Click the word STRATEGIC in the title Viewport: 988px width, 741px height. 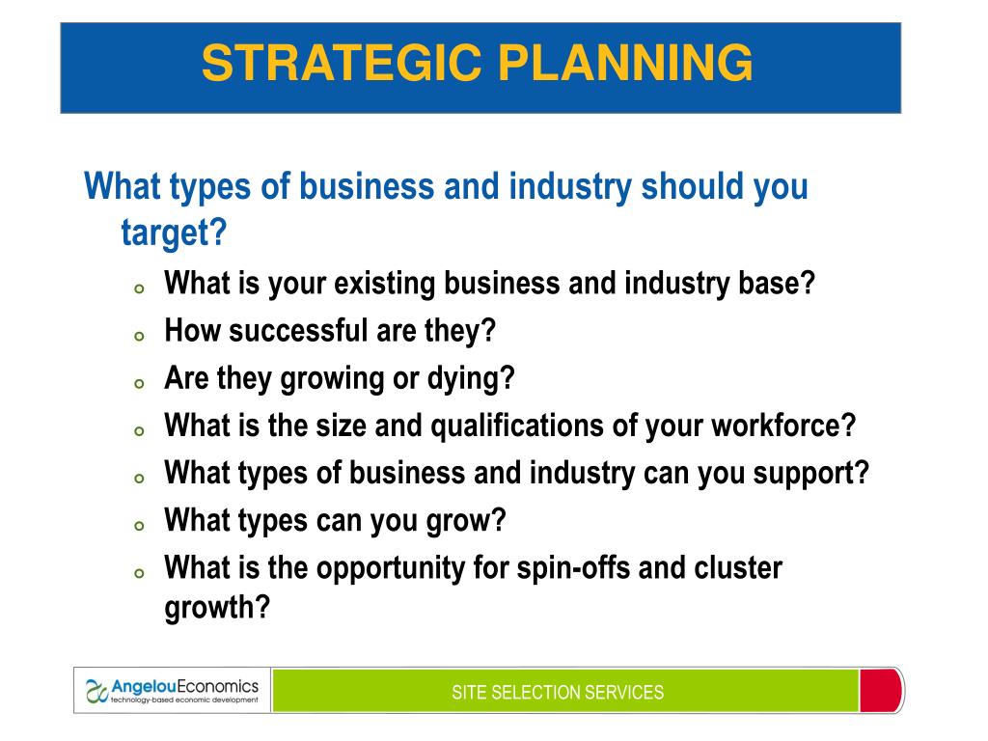pyautogui.click(x=342, y=63)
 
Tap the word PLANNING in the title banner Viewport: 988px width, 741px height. pyautogui.click(x=625, y=63)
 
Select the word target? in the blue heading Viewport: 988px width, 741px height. pyautogui.click(x=174, y=233)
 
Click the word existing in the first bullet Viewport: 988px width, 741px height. pyautogui.click(x=384, y=284)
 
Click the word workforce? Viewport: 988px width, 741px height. pyautogui.click(x=783, y=425)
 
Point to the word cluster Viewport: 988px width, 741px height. pyautogui.click(x=738, y=567)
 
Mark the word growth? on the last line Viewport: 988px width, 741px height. pyautogui.click(x=217, y=608)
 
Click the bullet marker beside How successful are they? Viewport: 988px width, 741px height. pyautogui.click(x=139, y=336)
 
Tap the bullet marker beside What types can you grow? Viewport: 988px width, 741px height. pyautogui.click(x=139, y=526)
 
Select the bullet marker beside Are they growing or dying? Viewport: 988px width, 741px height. pyautogui.click(x=139, y=383)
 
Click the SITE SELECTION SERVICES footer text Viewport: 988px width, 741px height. pyautogui.click(x=558, y=693)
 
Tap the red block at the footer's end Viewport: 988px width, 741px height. pyautogui.click(x=881, y=691)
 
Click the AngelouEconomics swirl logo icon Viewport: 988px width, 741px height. pyautogui.click(x=96, y=691)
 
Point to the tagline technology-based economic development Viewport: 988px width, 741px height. pyautogui.click(x=184, y=700)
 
